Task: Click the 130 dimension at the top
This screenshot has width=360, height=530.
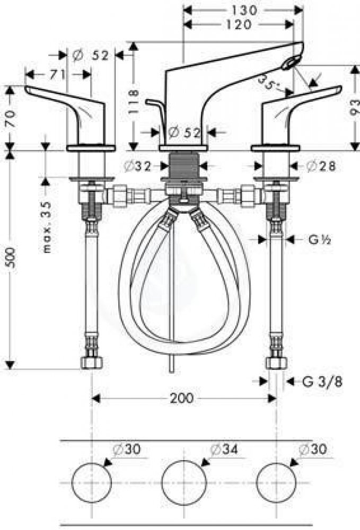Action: (x=244, y=11)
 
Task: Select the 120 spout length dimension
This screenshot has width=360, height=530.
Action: (x=239, y=24)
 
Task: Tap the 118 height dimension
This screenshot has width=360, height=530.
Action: (x=134, y=101)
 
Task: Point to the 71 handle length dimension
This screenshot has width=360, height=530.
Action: (x=58, y=74)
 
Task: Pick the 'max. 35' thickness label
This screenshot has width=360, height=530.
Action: (x=47, y=227)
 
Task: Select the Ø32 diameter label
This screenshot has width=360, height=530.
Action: (x=137, y=166)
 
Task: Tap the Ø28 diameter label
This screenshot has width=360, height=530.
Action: (x=321, y=166)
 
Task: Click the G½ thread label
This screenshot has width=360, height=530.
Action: (x=319, y=240)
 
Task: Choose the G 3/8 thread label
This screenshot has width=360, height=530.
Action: (x=322, y=382)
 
